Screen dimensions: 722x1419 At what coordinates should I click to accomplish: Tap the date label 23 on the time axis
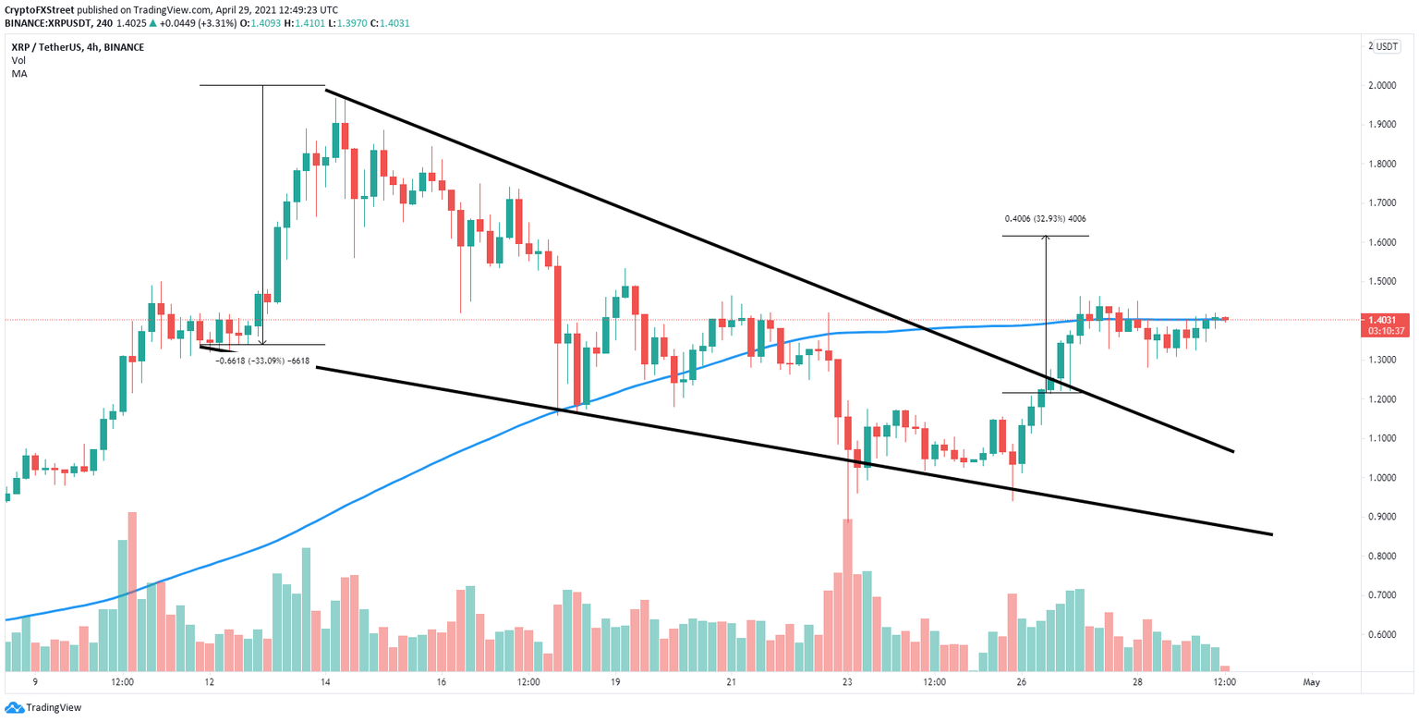[847, 682]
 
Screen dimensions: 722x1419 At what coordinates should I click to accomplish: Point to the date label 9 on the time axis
[35, 682]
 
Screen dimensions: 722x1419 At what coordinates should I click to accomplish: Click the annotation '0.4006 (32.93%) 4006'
[1045, 220]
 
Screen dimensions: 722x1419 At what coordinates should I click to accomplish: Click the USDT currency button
[1387, 47]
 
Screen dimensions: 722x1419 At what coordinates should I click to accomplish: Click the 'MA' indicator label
[18, 73]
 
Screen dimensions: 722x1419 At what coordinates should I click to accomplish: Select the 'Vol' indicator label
[18, 60]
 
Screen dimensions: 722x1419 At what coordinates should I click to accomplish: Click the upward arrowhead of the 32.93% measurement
[1046, 239]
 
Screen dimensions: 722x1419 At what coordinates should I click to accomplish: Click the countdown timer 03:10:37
[1389, 331]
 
